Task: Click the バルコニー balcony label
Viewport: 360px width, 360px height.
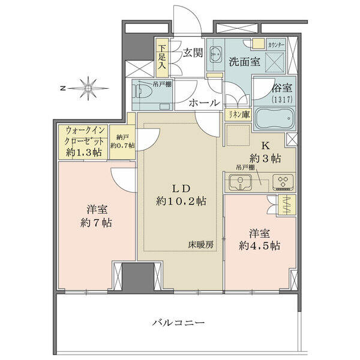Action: (179, 323)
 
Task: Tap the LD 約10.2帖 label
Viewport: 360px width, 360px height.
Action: (181, 195)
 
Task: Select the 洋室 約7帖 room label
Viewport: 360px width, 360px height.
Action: (97, 217)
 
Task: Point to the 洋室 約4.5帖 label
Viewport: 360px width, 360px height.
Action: (259, 239)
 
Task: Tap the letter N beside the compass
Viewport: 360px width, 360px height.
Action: (62, 88)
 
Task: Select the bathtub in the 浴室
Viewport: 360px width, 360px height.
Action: (274, 118)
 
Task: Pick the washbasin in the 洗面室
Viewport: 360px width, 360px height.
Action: (216, 55)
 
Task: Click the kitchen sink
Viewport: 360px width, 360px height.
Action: (240, 182)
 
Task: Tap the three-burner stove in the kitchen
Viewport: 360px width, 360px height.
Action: (283, 182)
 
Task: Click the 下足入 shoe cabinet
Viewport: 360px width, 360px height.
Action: (163, 58)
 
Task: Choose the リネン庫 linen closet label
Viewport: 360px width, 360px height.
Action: (239, 115)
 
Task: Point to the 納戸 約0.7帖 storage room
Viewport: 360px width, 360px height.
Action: (122, 142)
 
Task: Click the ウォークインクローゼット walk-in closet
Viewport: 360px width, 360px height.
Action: (83, 142)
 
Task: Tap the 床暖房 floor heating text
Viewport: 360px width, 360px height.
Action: (201, 245)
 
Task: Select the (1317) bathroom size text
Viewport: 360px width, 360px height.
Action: (282, 99)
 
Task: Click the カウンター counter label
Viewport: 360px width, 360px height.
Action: (277, 44)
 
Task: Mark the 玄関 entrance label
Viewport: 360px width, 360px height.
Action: (193, 53)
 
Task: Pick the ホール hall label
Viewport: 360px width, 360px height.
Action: (204, 103)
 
